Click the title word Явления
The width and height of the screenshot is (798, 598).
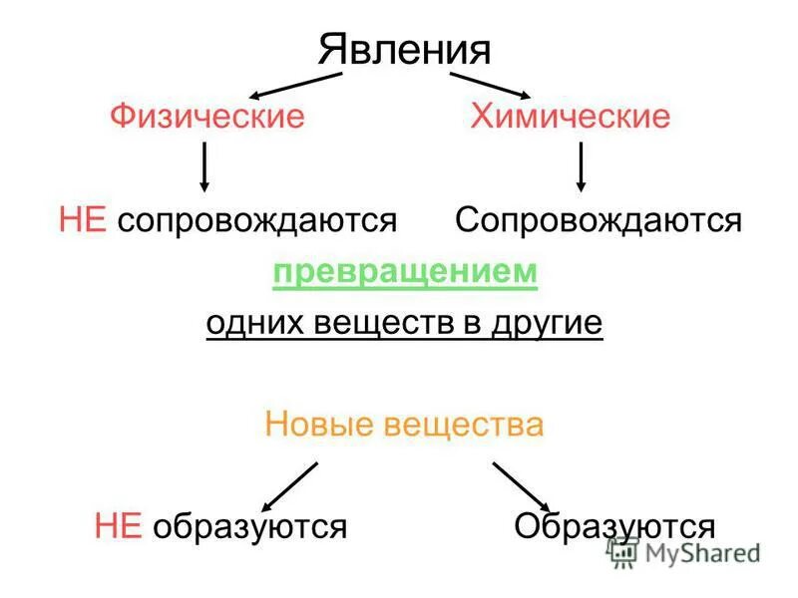(x=405, y=51)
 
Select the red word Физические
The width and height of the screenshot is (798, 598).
(x=206, y=117)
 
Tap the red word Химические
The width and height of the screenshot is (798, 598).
(x=570, y=117)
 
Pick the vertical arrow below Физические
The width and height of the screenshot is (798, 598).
(x=204, y=166)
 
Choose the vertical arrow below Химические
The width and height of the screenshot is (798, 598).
(x=582, y=166)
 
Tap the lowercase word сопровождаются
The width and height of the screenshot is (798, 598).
(x=257, y=220)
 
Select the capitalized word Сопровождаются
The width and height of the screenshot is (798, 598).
(x=598, y=220)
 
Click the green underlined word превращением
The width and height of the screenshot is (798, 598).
(x=405, y=272)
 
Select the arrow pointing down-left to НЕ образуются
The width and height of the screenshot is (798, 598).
(x=289, y=486)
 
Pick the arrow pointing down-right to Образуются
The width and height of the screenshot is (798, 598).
(x=521, y=486)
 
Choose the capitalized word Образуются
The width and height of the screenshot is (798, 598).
(x=614, y=526)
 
